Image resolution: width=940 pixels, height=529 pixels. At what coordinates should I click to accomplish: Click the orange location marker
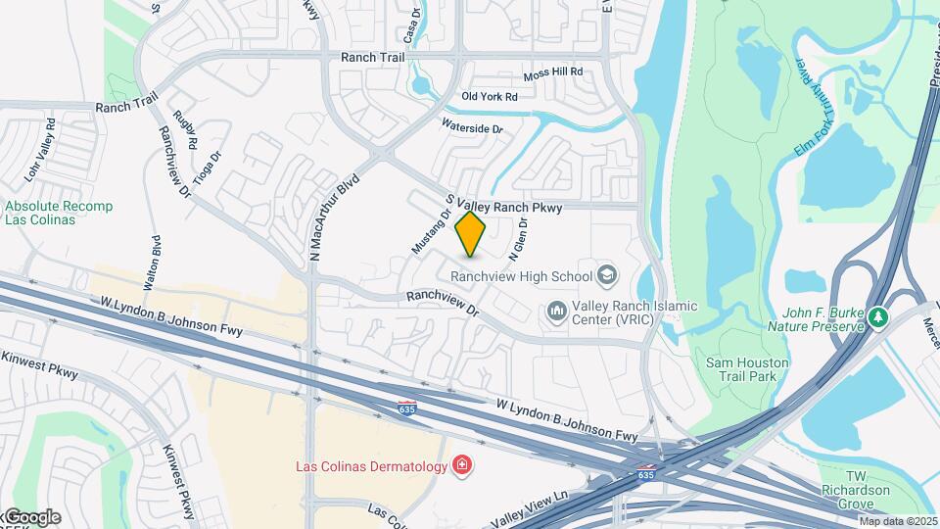point(471,234)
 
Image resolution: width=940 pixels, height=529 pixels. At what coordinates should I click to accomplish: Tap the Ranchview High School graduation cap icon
point(606,276)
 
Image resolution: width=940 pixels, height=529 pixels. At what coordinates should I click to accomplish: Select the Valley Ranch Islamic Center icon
point(558,312)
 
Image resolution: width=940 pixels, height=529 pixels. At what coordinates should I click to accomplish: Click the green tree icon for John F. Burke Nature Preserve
point(878,316)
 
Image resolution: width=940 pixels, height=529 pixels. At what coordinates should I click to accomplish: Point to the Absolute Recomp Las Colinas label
point(59,213)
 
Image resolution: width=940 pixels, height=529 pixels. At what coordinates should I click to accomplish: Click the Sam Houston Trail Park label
point(747,369)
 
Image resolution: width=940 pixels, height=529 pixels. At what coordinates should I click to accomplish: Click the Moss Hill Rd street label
point(552,73)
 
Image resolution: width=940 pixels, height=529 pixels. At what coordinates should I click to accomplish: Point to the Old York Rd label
point(489,96)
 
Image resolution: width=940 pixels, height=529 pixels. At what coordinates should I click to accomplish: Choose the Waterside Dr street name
point(472,127)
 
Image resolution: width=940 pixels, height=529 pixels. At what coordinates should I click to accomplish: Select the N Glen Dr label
point(518,240)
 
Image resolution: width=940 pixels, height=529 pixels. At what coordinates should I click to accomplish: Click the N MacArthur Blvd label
point(335,218)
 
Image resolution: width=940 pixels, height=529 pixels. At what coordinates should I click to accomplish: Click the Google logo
point(31,517)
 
